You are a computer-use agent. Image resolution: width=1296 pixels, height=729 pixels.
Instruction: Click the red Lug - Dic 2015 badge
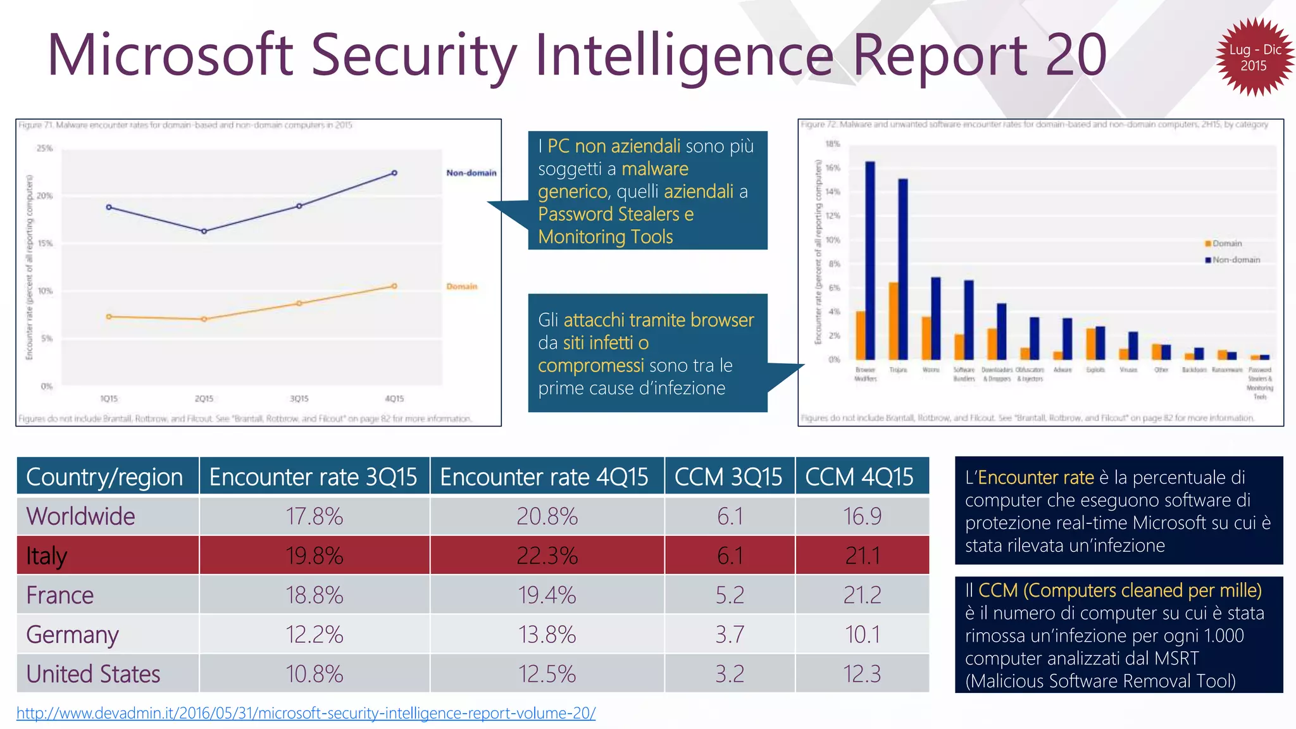click(x=1254, y=57)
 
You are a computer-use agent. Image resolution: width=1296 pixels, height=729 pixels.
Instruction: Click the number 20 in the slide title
click(x=1075, y=56)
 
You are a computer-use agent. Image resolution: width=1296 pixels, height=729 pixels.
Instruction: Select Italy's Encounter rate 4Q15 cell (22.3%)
click(x=547, y=556)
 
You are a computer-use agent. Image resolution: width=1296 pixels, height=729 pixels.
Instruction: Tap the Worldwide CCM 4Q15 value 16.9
click(x=862, y=516)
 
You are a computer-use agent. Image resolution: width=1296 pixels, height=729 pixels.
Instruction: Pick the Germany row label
click(x=72, y=635)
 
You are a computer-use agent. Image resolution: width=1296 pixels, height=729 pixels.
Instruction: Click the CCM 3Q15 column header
click(x=728, y=477)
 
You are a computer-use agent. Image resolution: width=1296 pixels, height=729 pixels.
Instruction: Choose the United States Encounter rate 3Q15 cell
click(x=314, y=674)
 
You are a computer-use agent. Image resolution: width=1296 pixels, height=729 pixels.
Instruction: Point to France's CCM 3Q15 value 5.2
click(x=729, y=595)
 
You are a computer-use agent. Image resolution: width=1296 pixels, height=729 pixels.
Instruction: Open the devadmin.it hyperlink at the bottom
click(x=306, y=713)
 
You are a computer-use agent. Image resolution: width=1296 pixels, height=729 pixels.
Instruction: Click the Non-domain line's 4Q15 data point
click(x=394, y=173)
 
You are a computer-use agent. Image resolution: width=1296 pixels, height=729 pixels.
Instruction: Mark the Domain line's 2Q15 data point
click(x=204, y=320)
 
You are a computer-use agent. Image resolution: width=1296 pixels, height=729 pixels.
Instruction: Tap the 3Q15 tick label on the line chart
click(x=299, y=399)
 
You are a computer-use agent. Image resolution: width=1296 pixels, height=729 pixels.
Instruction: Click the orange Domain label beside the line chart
click(x=462, y=287)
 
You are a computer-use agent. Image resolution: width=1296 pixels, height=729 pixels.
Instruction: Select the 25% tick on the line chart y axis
click(x=45, y=148)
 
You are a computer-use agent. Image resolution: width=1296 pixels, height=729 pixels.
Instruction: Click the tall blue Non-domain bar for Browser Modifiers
click(x=870, y=259)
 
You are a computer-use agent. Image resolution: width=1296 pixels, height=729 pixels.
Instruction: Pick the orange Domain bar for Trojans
click(x=894, y=320)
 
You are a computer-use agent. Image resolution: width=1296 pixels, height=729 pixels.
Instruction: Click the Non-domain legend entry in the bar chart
click(x=1235, y=260)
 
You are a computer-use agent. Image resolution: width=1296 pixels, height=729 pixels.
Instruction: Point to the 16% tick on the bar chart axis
click(x=833, y=168)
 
